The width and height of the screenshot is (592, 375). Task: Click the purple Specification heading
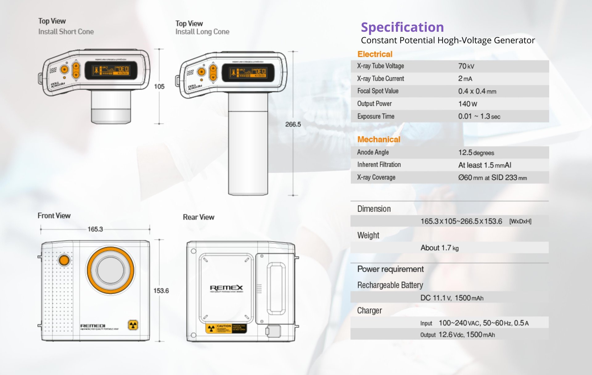click(402, 27)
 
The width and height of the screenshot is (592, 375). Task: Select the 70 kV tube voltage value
click(466, 66)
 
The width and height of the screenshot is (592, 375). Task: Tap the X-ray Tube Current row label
click(380, 79)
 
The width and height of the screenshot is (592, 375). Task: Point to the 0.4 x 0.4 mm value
click(477, 91)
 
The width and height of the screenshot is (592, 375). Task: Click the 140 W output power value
click(467, 104)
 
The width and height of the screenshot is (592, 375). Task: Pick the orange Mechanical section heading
click(379, 139)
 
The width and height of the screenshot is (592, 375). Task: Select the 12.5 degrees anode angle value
click(476, 153)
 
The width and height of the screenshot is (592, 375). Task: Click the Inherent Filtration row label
click(379, 165)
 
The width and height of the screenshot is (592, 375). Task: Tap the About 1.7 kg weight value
click(439, 248)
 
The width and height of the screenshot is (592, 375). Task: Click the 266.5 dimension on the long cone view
click(293, 124)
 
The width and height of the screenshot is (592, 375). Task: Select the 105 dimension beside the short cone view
click(159, 86)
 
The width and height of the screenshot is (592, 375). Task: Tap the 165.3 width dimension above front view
click(95, 229)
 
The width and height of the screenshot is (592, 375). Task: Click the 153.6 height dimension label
click(161, 291)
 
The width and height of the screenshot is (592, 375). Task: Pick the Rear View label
click(199, 217)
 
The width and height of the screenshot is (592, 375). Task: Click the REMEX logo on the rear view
click(226, 288)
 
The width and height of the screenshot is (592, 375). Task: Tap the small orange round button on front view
click(64, 260)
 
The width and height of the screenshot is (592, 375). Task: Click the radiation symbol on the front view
click(133, 325)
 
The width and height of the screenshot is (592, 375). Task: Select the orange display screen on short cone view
click(111, 70)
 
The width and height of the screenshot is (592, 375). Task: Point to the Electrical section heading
click(375, 54)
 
